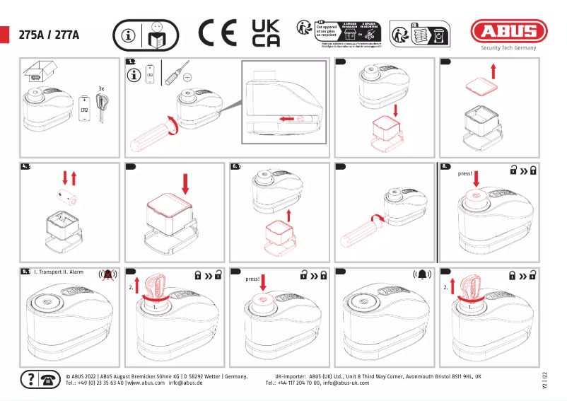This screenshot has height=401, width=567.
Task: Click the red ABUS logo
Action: point(509,31)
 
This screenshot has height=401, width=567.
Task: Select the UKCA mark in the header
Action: point(266,33)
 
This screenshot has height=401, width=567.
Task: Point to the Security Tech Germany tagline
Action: point(508,48)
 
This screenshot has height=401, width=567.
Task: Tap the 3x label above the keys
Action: point(102,88)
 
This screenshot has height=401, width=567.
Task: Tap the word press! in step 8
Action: point(465,173)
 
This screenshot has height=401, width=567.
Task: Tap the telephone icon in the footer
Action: point(49,379)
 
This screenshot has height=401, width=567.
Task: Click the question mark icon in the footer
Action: point(30,379)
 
